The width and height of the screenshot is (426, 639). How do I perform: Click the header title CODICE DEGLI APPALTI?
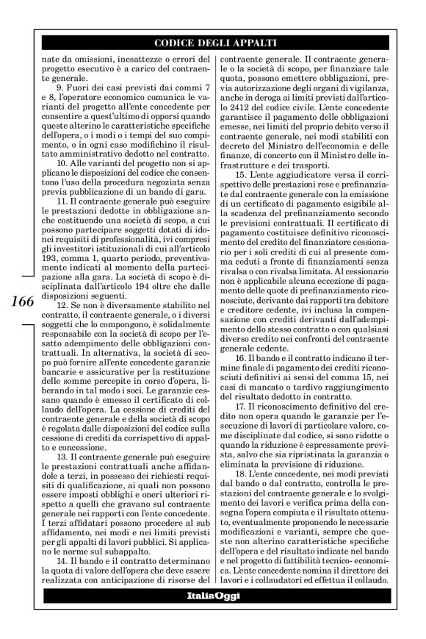pyautogui.click(x=221, y=42)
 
